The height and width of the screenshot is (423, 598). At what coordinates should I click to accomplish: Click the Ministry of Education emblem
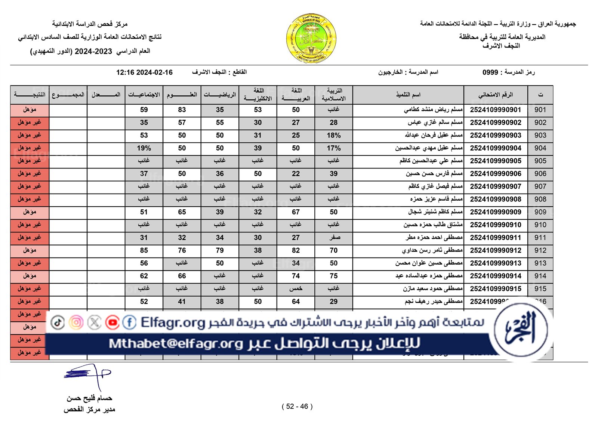(x=311, y=38)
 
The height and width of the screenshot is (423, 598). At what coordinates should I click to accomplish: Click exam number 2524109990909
(x=495, y=212)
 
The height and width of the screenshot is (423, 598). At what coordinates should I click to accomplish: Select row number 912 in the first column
(x=540, y=250)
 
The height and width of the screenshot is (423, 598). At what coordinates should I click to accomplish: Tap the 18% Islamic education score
(x=333, y=135)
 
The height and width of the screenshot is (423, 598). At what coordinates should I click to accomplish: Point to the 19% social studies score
(x=144, y=148)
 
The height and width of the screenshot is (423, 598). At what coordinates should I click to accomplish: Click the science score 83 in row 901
(x=182, y=110)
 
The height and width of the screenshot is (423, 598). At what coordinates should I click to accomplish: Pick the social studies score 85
(x=144, y=250)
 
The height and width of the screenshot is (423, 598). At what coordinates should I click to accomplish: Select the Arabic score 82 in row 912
(x=296, y=250)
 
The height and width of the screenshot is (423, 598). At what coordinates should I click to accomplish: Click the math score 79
(x=220, y=250)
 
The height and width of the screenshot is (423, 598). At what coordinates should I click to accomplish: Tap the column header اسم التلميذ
(x=408, y=95)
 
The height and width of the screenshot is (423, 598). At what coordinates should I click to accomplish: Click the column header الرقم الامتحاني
(x=495, y=95)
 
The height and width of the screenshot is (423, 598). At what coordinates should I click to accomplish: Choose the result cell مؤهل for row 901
(x=30, y=110)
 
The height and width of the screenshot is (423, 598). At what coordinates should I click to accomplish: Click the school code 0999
(x=490, y=72)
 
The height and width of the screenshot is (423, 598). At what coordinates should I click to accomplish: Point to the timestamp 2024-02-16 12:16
(x=144, y=72)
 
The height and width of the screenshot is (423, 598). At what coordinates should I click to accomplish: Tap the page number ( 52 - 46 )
(x=297, y=407)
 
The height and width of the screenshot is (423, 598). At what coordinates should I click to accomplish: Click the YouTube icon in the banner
(x=112, y=322)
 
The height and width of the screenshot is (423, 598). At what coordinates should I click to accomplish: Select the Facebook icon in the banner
(x=129, y=322)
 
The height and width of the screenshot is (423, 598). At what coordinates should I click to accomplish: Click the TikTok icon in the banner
(x=58, y=322)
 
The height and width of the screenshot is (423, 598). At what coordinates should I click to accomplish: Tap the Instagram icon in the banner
(x=76, y=322)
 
